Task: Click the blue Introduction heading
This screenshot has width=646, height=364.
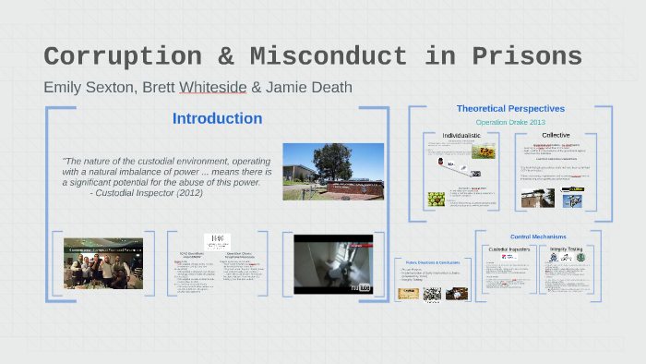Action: coord(217,118)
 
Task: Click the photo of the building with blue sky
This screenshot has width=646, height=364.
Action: coord(333,171)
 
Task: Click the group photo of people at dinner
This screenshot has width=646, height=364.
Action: coord(102,263)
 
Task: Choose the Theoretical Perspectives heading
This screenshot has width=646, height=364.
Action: coord(510,109)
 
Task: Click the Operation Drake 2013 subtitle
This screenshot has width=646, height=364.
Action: coord(510,122)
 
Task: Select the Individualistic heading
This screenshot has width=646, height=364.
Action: coord(461,136)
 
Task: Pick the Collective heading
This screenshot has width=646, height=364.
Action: coord(556,136)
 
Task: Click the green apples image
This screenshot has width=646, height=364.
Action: coord(437,199)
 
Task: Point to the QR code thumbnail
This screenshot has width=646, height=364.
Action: coord(432,294)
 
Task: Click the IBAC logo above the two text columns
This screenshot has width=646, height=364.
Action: coord(217,240)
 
